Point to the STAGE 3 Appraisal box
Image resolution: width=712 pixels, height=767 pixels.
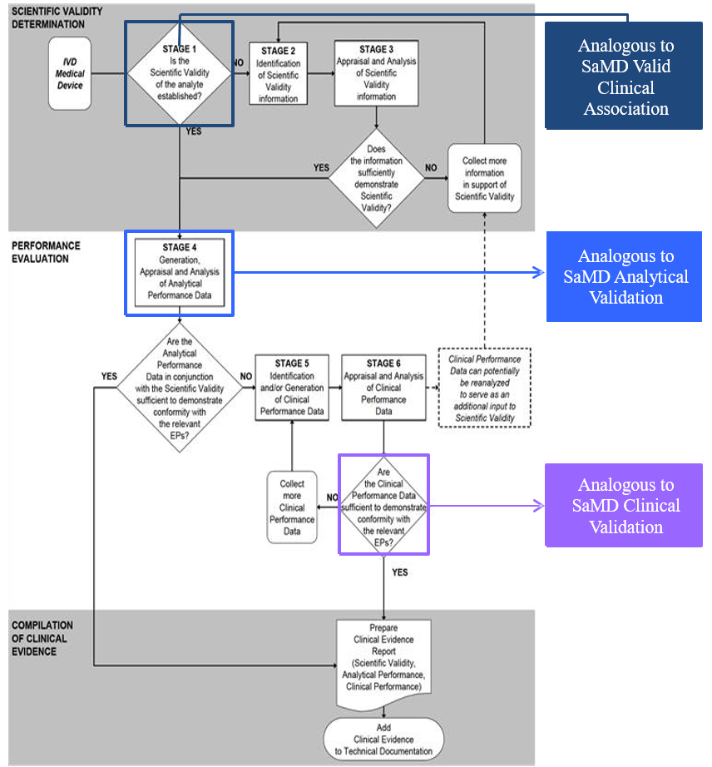(376, 73)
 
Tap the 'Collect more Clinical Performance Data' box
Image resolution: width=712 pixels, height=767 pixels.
(292, 507)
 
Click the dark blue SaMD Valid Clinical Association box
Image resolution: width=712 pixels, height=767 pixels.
(624, 77)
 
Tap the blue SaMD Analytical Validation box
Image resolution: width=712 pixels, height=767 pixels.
(624, 277)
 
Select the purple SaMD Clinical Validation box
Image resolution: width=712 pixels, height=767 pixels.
(624, 505)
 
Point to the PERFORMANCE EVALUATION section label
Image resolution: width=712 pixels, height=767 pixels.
(46, 252)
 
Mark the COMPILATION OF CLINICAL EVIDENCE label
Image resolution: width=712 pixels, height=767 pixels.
(42, 638)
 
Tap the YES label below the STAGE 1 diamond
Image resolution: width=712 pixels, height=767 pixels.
(193, 131)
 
